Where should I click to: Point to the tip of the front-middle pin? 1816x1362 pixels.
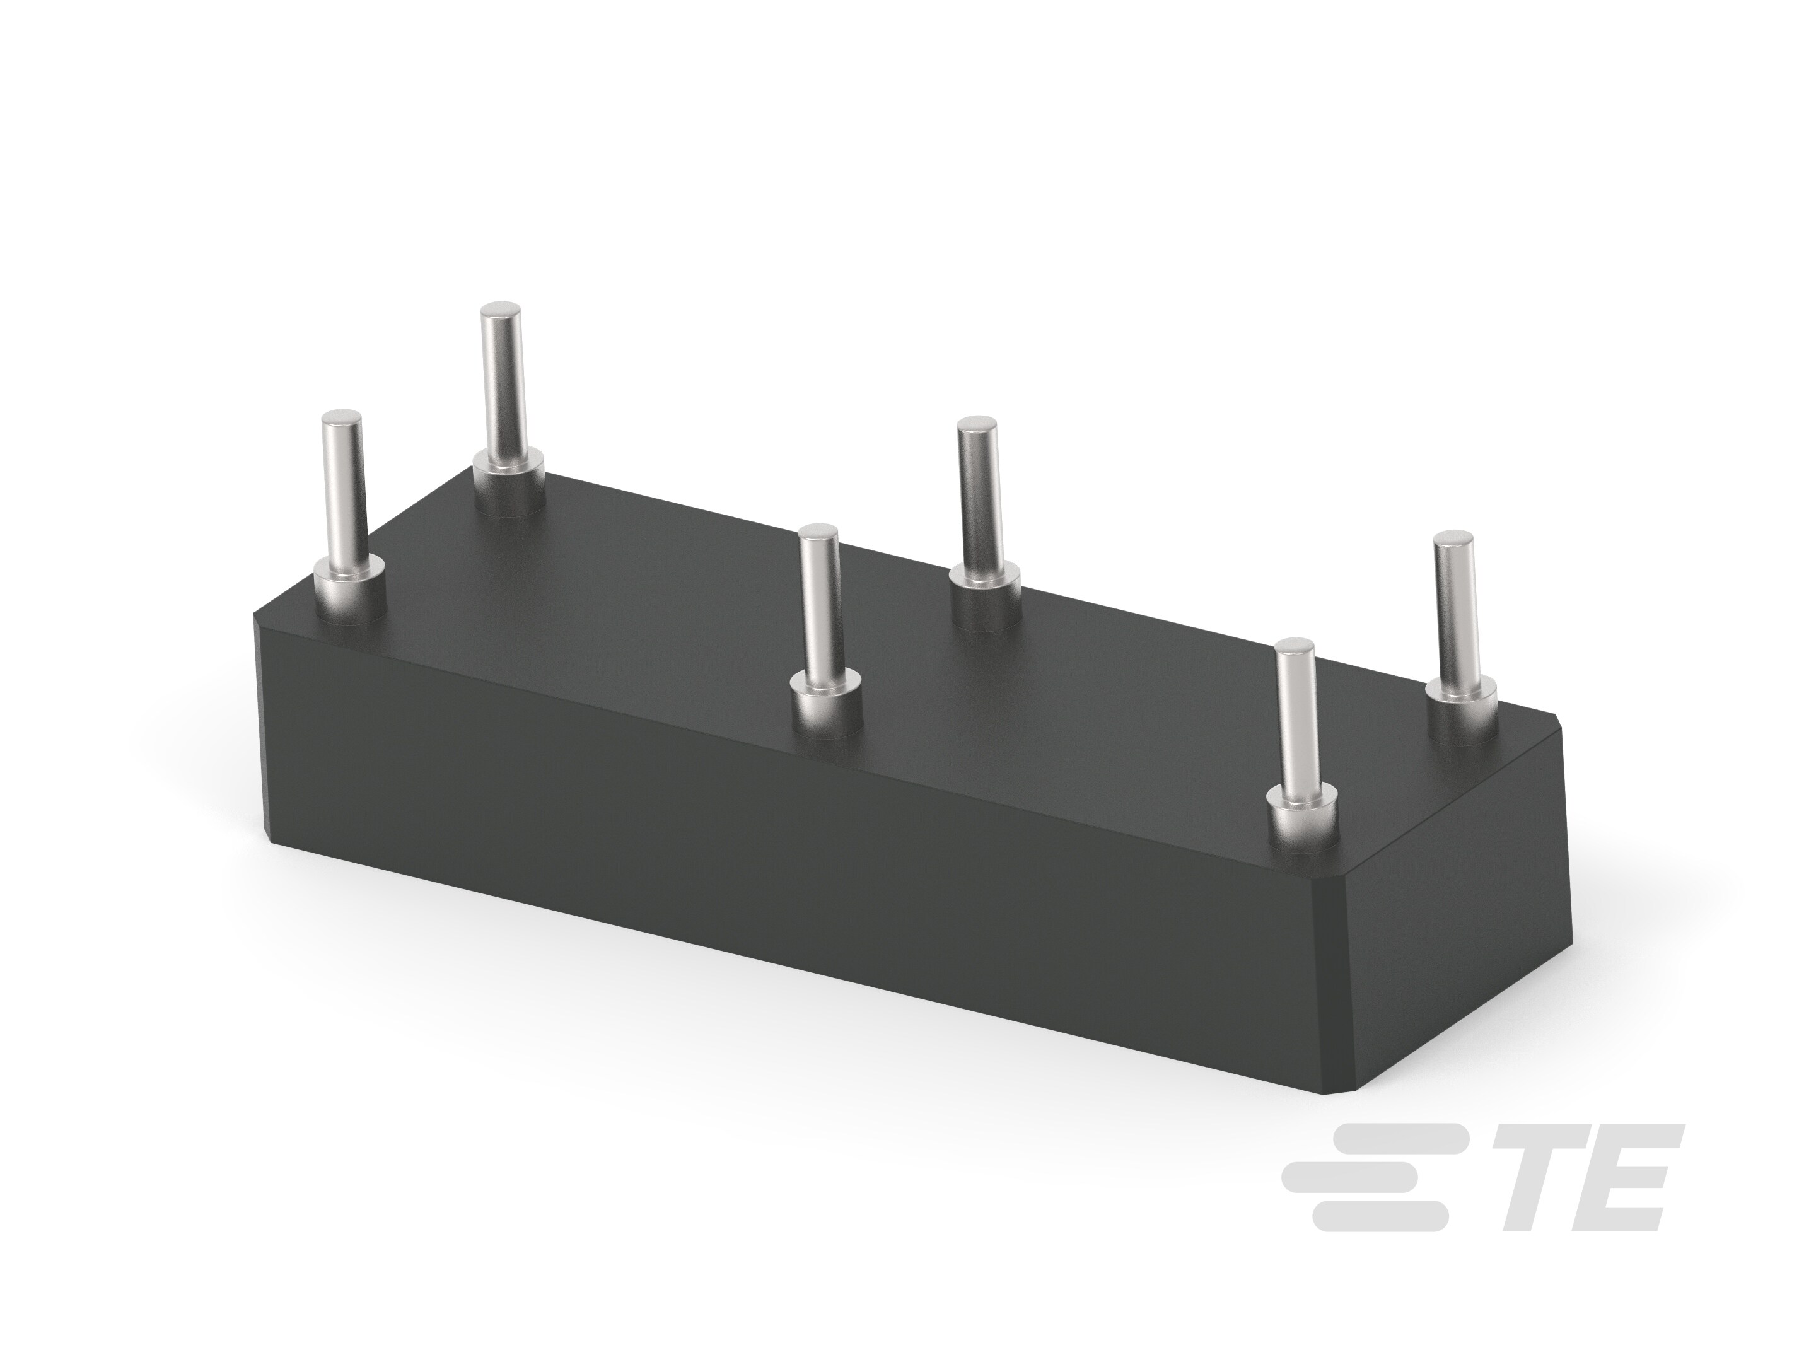(x=818, y=535)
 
